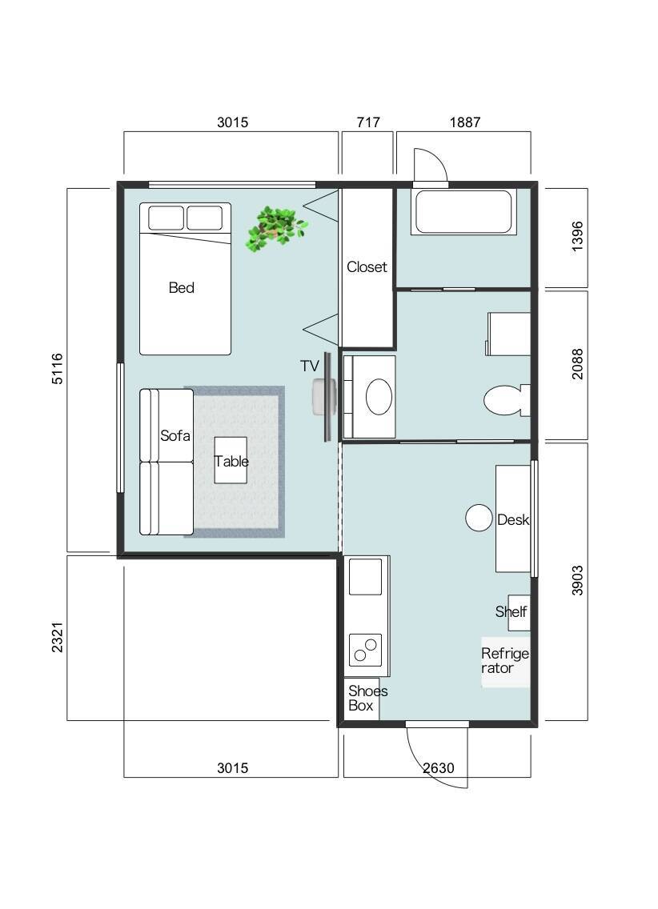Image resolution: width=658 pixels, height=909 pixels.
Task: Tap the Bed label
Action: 182,287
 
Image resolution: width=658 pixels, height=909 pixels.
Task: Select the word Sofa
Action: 175,435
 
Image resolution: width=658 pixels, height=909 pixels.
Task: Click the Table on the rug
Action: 231,461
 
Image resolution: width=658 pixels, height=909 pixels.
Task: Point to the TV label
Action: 310,366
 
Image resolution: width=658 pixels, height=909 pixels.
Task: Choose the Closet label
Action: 367,266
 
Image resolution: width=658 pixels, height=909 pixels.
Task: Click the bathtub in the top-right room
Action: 463,211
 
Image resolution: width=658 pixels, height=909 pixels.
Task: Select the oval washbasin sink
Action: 379,397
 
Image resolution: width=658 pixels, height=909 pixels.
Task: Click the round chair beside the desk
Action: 479,518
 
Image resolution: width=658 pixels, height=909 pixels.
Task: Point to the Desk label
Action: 513,519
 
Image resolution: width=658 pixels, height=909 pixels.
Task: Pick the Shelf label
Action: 511,611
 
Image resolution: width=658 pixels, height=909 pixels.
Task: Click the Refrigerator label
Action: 505,661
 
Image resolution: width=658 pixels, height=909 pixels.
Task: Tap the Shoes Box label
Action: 367,698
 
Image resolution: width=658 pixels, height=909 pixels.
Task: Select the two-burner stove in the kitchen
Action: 365,650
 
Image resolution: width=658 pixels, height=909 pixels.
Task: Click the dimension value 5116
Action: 58,369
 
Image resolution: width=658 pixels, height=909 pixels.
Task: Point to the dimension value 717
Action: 368,122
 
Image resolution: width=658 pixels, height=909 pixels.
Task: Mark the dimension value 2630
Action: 439,768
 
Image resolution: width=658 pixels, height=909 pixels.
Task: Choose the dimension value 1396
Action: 577,237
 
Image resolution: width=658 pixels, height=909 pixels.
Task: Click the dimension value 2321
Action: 58,637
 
